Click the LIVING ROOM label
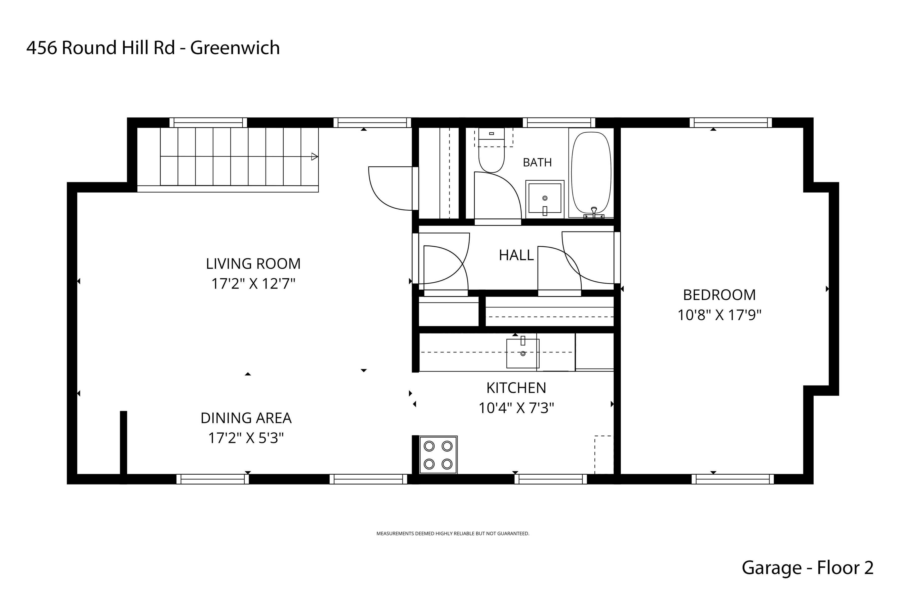pyautogui.click(x=253, y=264)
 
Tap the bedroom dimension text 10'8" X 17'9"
pyautogui.click(x=720, y=315)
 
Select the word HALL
pyautogui.click(x=516, y=255)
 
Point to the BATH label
pyautogui.click(x=537, y=163)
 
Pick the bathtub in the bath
pyautogui.click(x=591, y=173)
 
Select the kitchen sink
pyautogui.click(x=523, y=353)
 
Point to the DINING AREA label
pyautogui.click(x=246, y=418)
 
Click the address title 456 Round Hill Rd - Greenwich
pyautogui.click(x=153, y=48)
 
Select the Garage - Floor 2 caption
pyautogui.click(x=807, y=568)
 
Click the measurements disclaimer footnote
pyautogui.click(x=452, y=534)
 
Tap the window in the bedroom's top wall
pyautogui.click(x=731, y=123)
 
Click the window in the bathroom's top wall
pyautogui.click(x=558, y=123)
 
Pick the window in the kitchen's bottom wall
pyautogui.click(x=550, y=479)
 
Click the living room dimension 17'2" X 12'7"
pyautogui.click(x=253, y=284)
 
